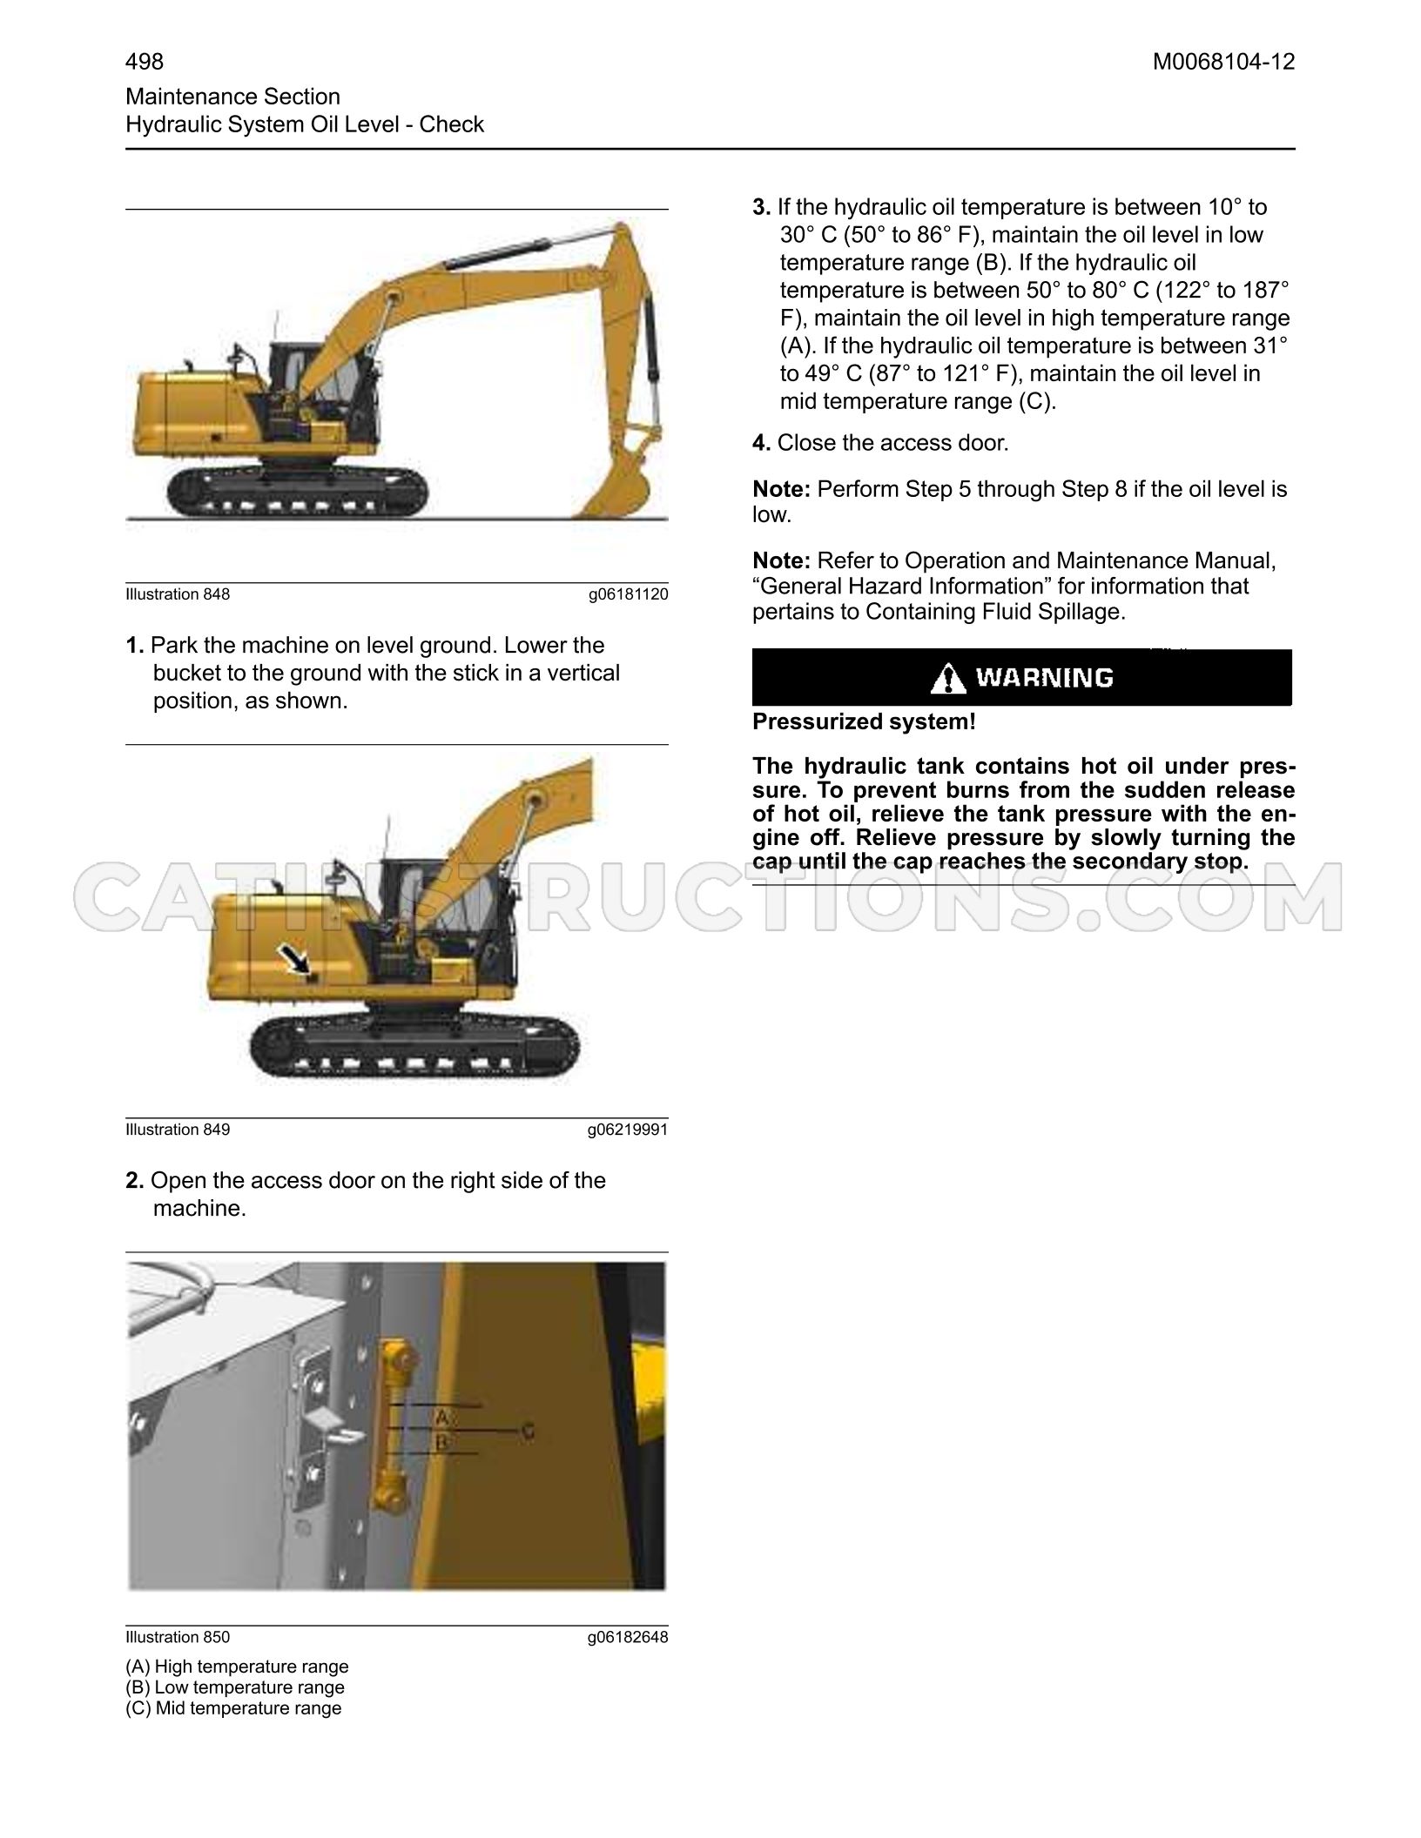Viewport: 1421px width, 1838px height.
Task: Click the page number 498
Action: point(145,62)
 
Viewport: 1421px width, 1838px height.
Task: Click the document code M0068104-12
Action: point(1223,62)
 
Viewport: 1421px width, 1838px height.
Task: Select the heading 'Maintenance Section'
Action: point(232,97)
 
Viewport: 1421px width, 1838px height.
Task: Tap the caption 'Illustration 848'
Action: point(178,594)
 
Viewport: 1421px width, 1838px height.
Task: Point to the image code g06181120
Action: point(628,595)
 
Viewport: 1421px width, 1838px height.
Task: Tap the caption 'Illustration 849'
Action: point(178,1130)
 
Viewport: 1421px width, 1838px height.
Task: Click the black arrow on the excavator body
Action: point(294,960)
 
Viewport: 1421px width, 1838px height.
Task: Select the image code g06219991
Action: point(628,1130)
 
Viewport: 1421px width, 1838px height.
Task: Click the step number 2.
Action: point(134,1180)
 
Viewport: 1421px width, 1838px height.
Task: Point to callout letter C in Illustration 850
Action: point(527,1430)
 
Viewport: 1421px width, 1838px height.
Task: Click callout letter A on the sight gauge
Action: point(442,1417)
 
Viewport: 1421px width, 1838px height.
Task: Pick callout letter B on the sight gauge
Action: point(441,1443)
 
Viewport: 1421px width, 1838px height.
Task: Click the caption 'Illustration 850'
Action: point(178,1637)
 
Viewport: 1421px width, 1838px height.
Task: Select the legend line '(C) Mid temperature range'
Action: point(233,1708)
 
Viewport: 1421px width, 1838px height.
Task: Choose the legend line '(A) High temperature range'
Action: point(237,1667)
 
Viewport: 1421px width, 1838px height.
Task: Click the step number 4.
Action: point(761,443)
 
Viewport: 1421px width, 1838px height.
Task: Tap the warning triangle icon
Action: point(948,678)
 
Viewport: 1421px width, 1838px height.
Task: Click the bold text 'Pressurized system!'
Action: point(864,722)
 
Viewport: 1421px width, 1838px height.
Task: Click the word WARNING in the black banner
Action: point(1044,677)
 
